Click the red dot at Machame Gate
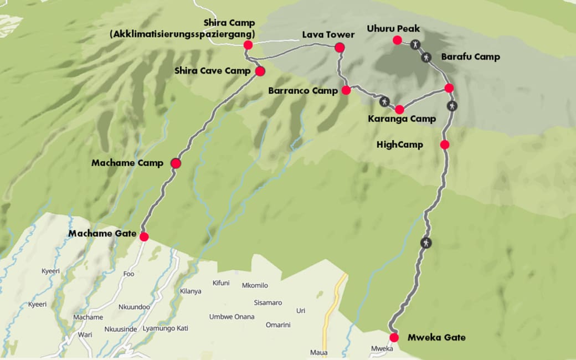[144, 236]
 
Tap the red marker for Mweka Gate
[394, 337]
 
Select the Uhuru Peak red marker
[397, 40]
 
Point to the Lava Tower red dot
[340, 48]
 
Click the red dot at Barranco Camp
[346, 90]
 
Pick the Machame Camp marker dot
[176, 163]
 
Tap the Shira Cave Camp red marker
[260, 71]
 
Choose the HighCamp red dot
[444, 145]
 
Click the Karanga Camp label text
[402, 119]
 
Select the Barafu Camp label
[470, 56]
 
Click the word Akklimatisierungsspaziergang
[182, 34]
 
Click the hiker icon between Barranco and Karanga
[384, 101]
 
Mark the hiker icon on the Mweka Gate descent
[425, 242]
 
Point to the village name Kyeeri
[50, 271]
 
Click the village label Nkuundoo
[134, 307]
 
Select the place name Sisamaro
[268, 303]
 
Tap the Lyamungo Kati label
[165, 328]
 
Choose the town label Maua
[318, 353]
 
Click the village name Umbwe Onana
[232, 317]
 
